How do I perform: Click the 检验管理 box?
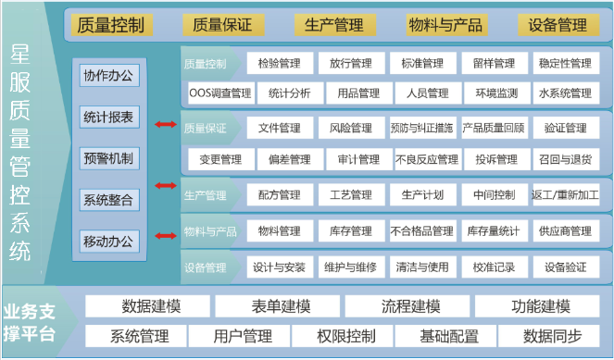click(x=279, y=64)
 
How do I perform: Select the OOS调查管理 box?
click(x=219, y=93)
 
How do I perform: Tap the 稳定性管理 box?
click(x=565, y=64)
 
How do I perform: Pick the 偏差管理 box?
click(x=289, y=159)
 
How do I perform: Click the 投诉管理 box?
click(x=496, y=159)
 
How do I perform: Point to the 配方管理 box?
click(x=279, y=195)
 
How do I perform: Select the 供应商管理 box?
click(x=565, y=230)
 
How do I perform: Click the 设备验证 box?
click(x=565, y=267)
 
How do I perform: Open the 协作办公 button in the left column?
click(x=108, y=75)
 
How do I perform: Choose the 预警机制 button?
click(x=108, y=157)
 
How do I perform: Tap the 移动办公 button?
click(x=108, y=242)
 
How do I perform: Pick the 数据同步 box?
click(x=553, y=335)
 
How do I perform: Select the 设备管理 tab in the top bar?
click(x=558, y=25)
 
